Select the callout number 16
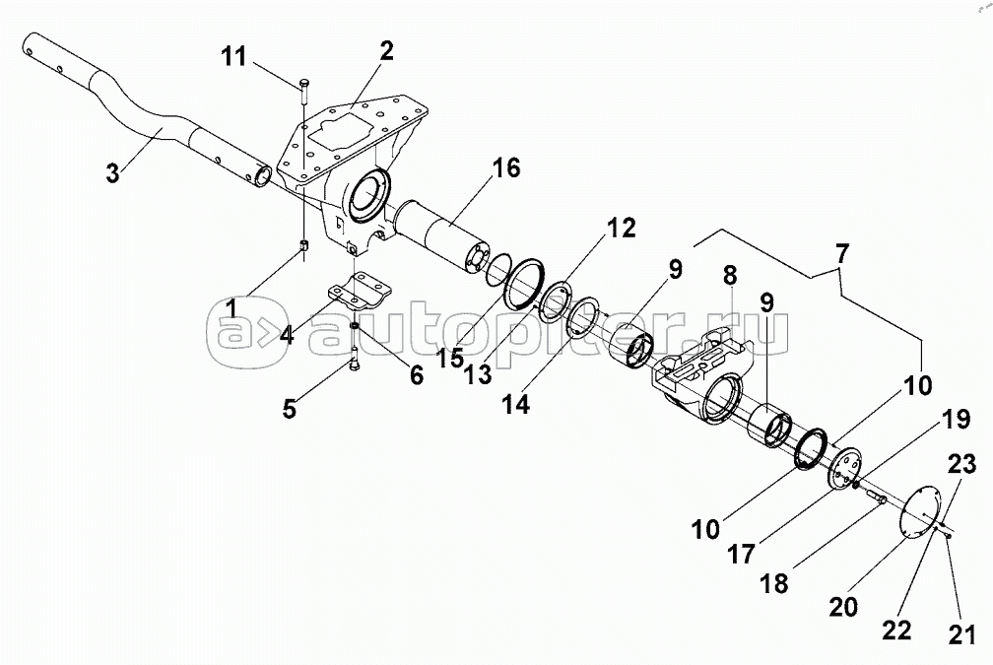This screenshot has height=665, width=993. point(505,167)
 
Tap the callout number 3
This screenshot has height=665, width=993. point(115,174)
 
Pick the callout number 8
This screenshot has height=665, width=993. point(730,274)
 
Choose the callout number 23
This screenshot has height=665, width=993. point(962,462)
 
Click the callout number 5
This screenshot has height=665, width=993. point(290,408)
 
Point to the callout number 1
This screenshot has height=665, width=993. point(231,307)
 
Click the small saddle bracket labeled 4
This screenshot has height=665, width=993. point(359,294)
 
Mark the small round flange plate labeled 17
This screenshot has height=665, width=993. point(844,467)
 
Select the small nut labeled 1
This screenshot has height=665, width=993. point(304,245)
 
